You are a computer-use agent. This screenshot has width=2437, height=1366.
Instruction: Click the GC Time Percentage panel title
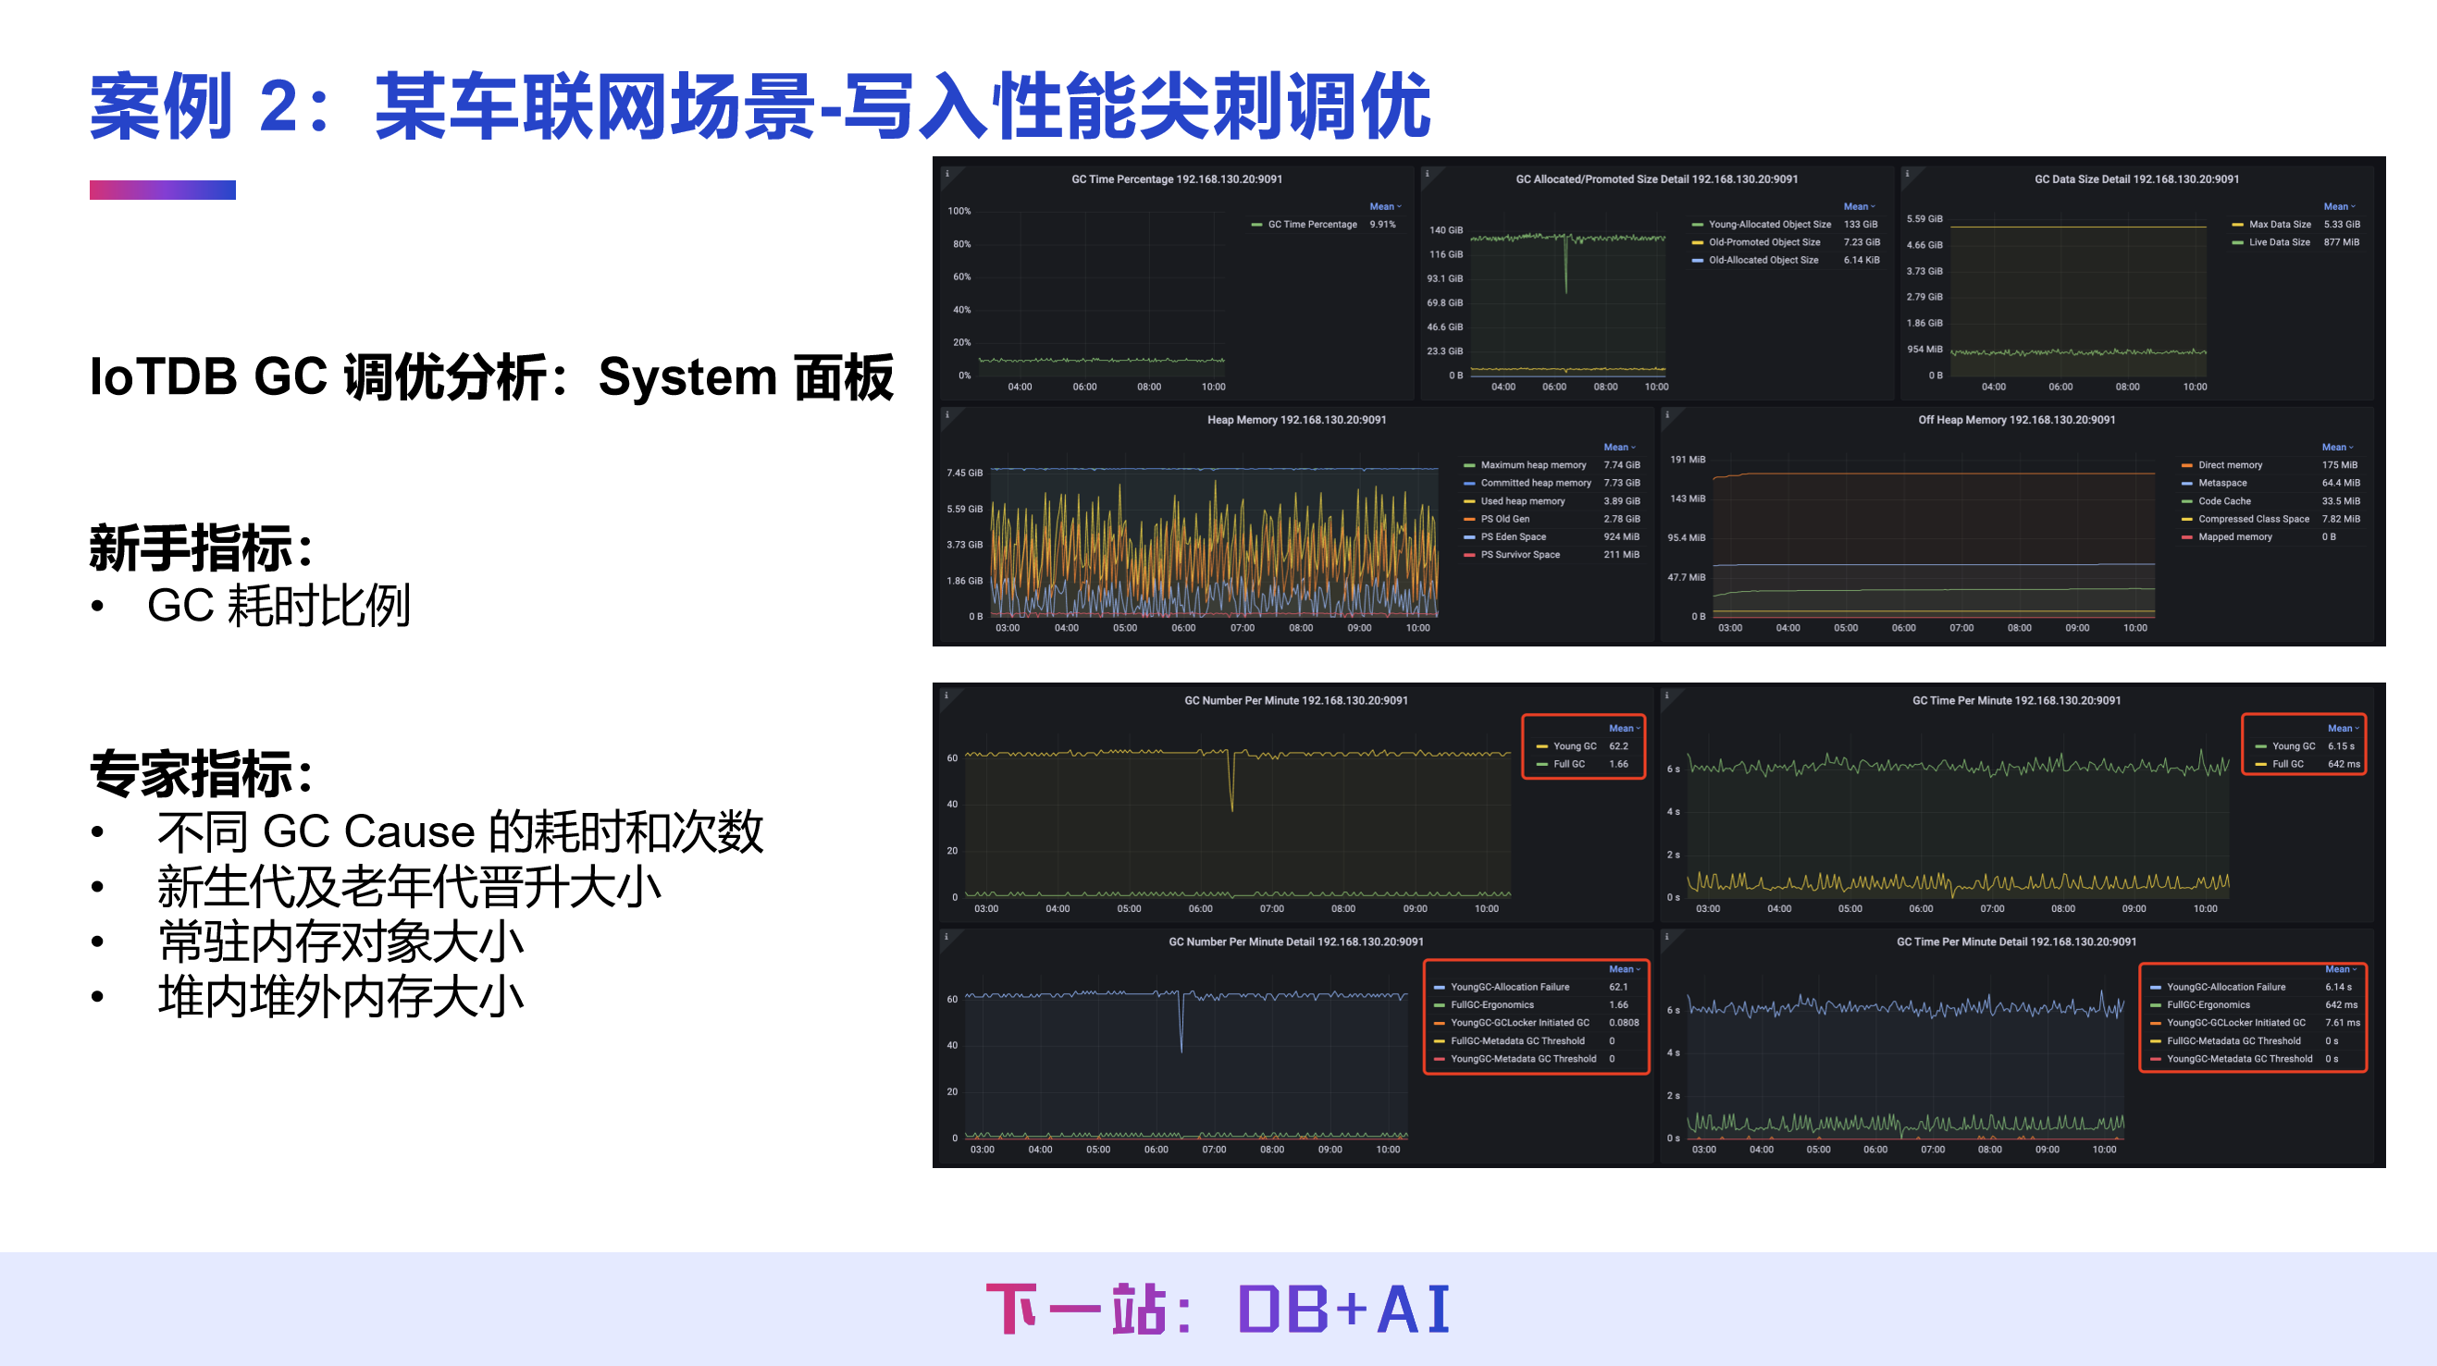(x=1176, y=178)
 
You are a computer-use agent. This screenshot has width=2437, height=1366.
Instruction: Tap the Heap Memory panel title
(x=1296, y=419)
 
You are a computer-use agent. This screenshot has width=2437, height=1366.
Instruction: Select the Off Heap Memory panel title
(x=2016, y=419)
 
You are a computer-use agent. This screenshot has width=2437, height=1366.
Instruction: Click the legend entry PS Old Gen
(x=1504, y=519)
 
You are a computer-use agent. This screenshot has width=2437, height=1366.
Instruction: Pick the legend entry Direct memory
(x=2230, y=464)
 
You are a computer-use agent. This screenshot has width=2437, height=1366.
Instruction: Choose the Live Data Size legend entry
(x=2279, y=242)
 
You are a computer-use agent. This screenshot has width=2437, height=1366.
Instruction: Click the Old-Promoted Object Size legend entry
(x=1763, y=242)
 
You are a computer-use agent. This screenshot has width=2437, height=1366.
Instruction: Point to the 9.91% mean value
(x=1382, y=224)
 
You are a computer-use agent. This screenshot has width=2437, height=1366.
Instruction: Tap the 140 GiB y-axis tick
(x=1445, y=230)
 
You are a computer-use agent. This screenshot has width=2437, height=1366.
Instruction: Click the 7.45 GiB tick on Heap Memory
(x=964, y=472)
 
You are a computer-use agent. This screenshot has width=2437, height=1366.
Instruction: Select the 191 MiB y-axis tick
(x=1687, y=459)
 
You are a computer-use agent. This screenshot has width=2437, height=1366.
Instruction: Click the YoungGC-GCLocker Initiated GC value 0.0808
(x=1624, y=1023)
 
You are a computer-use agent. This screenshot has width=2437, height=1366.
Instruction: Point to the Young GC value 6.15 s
(x=2341, y=745)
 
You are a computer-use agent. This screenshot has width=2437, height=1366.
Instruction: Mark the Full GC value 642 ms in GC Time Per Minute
(x=2344, y=763)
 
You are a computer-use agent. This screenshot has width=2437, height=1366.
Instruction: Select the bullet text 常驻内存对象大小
(x=340, y=941)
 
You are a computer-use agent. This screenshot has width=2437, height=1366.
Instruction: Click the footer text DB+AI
(x=1343, y=1310)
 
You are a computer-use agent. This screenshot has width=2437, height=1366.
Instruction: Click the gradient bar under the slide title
(x=163, y=191)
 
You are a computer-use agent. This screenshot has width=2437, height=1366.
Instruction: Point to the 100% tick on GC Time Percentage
(x=959, y=211)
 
